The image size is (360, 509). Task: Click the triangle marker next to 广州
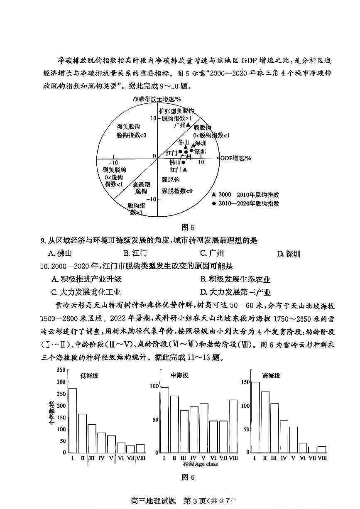click(188, 125)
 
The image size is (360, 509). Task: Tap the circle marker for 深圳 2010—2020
click(191, 150)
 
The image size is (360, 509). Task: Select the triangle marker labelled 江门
click(185, 169)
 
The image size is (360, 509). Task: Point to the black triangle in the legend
click(214, 194)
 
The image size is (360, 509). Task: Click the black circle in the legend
click(214, 203)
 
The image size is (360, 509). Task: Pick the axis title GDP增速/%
click(236, 159)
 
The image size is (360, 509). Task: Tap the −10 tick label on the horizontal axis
click(113, 163)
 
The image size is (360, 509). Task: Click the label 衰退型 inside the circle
click(141, 184)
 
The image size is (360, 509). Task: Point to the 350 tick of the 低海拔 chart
click(61, 370)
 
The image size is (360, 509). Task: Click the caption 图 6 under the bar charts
click(188, 477)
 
